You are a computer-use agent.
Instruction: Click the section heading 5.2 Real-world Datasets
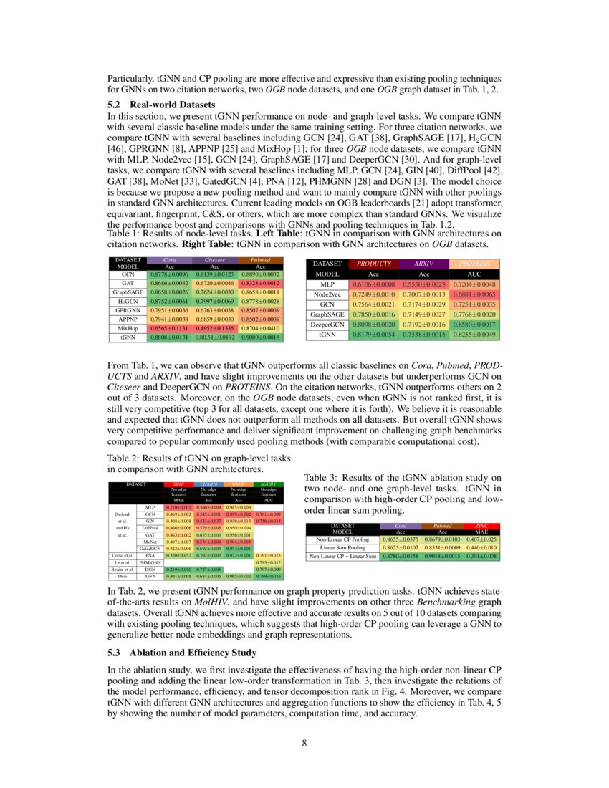(161, 105)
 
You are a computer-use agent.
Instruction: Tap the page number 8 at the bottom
(304, 743)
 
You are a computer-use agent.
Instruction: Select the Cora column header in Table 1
(170, 260)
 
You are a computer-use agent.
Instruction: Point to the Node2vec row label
(327, 294)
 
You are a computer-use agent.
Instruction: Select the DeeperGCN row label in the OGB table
(327, 324)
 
